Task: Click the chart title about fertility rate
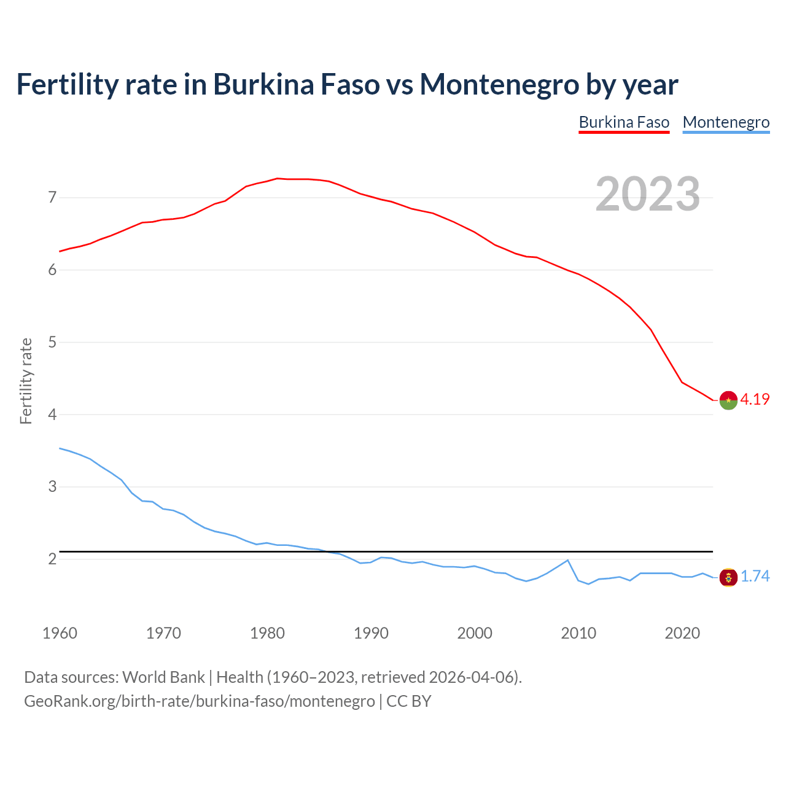(347, 84)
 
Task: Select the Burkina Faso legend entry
(624, 122)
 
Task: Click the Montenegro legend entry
(726, 122)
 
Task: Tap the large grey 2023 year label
(647, 194)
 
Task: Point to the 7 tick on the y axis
(52, 198)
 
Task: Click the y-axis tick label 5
(52, 342)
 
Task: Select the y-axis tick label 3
(52, 487)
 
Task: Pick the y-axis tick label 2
(52, 559)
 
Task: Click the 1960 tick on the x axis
(60, 633)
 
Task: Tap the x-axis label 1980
(267, 633)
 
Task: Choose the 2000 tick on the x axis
(475, 633)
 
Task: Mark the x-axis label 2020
(682, 633)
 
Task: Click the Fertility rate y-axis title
(26, 381)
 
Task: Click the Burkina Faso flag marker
(728, 400)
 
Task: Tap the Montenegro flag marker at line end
(728, 577)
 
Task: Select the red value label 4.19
(755, 399)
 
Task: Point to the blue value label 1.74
(755, 577)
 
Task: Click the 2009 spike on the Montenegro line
(568, 560)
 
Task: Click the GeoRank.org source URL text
(200, 701)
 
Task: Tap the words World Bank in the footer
(163, 677)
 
